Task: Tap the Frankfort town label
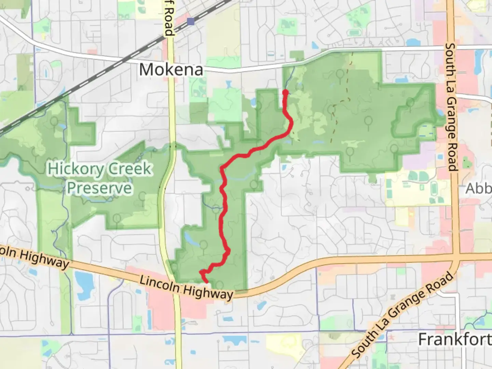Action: pyautogui.click(x=454, y=339)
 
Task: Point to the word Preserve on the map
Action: pyautogui.click(x=99, y=188)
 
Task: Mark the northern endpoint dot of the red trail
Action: pyautogui.click(x=285, y=92)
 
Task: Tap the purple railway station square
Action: pyautogui.click(x=191, y=22)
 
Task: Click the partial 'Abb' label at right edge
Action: pyautogui.click(x=478, y=188)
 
